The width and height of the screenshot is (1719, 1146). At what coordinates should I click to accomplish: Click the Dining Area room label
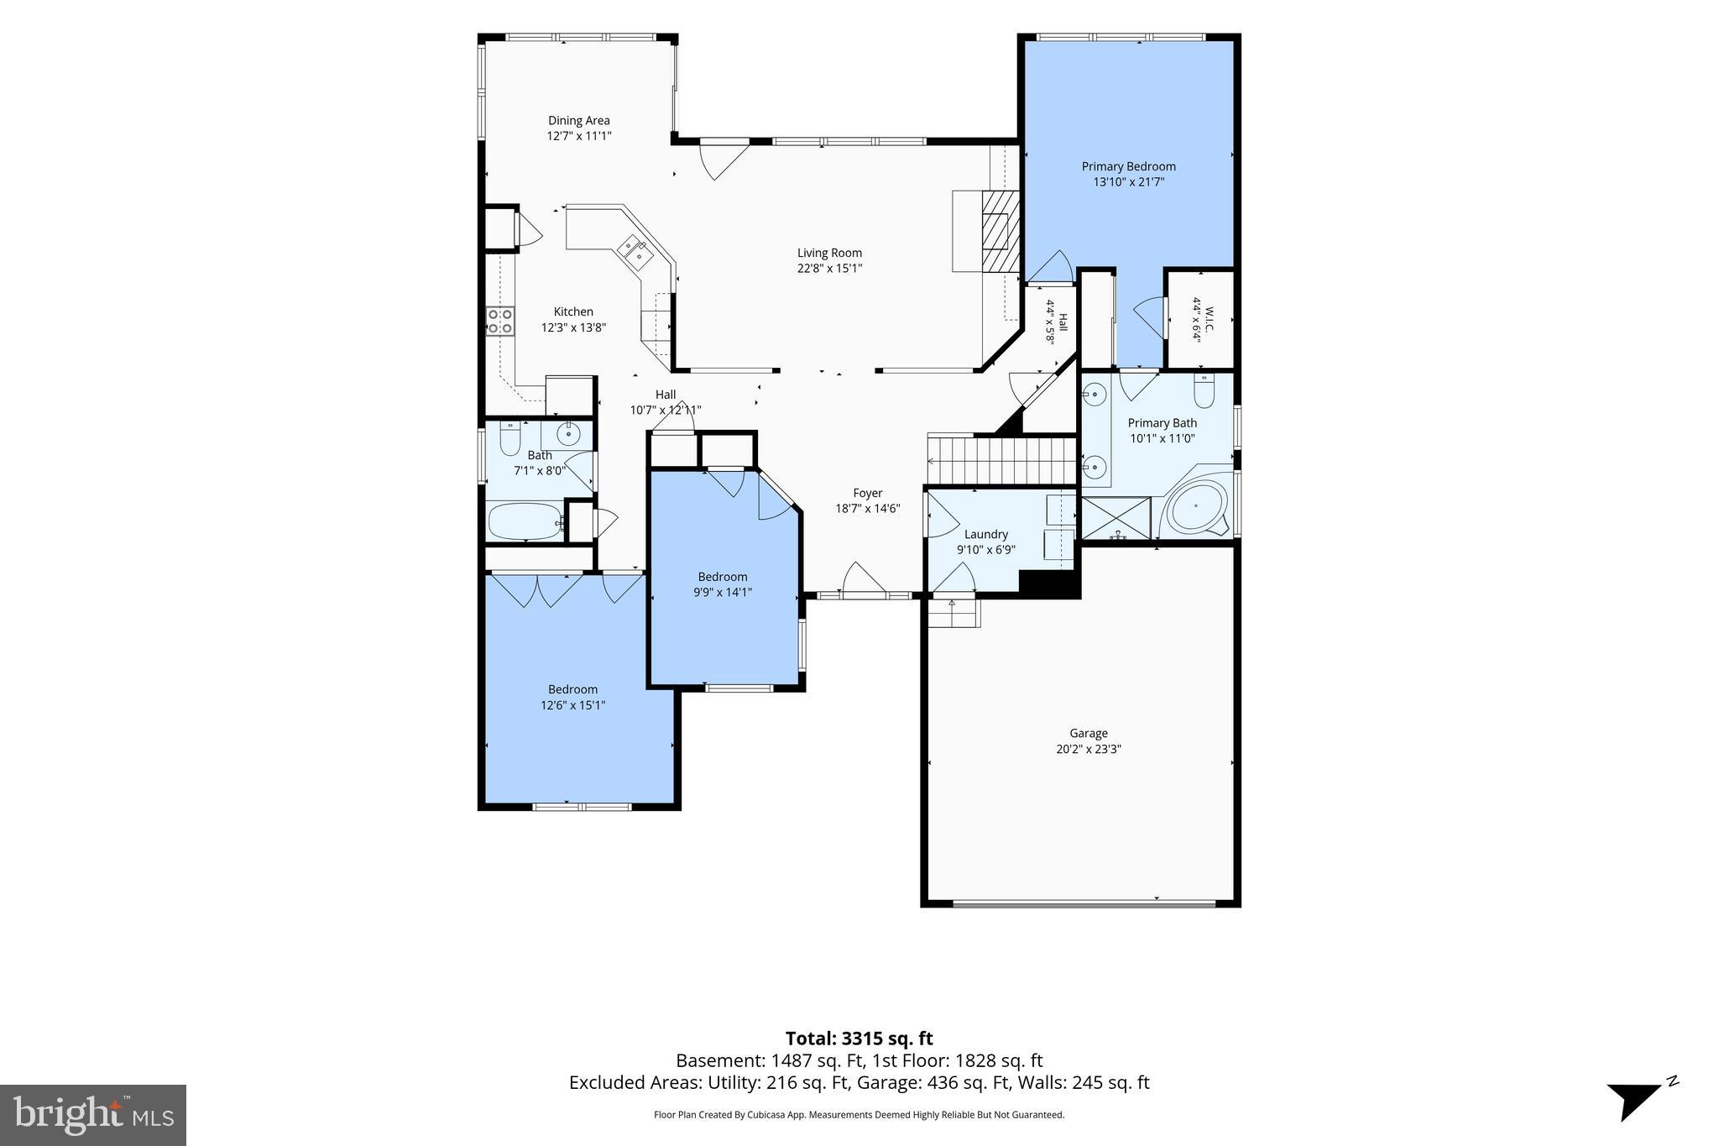click(579, 120)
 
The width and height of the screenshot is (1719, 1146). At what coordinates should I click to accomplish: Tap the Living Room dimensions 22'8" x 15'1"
click(829, 269)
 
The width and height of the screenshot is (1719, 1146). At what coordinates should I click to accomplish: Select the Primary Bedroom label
click(1128, 166)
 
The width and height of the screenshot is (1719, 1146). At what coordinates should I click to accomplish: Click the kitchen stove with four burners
click(500, 322)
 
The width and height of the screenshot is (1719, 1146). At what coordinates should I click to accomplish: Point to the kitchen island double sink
click(635, 251)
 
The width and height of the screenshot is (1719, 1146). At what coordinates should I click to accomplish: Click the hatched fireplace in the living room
click(1001, 232)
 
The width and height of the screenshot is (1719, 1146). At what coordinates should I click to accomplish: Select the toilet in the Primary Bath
click(1204, 390)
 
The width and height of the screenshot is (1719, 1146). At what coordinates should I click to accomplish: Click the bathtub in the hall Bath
click(526, 521)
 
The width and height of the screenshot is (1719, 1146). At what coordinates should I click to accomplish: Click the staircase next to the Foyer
click(1002, 459)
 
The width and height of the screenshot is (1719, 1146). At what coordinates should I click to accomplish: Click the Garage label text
click(1089, 733)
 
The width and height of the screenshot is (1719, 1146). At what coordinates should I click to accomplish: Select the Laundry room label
click(986, 534)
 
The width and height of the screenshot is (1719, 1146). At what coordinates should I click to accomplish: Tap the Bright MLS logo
click(93, 1115)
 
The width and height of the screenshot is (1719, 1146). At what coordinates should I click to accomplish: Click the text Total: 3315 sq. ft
click(859, 1039)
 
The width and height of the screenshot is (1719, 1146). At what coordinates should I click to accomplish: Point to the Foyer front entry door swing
click(863, 579)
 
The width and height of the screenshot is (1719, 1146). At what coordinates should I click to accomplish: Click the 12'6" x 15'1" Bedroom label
click(573, 705)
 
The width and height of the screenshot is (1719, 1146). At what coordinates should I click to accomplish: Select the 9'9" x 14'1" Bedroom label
click(723, 592)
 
